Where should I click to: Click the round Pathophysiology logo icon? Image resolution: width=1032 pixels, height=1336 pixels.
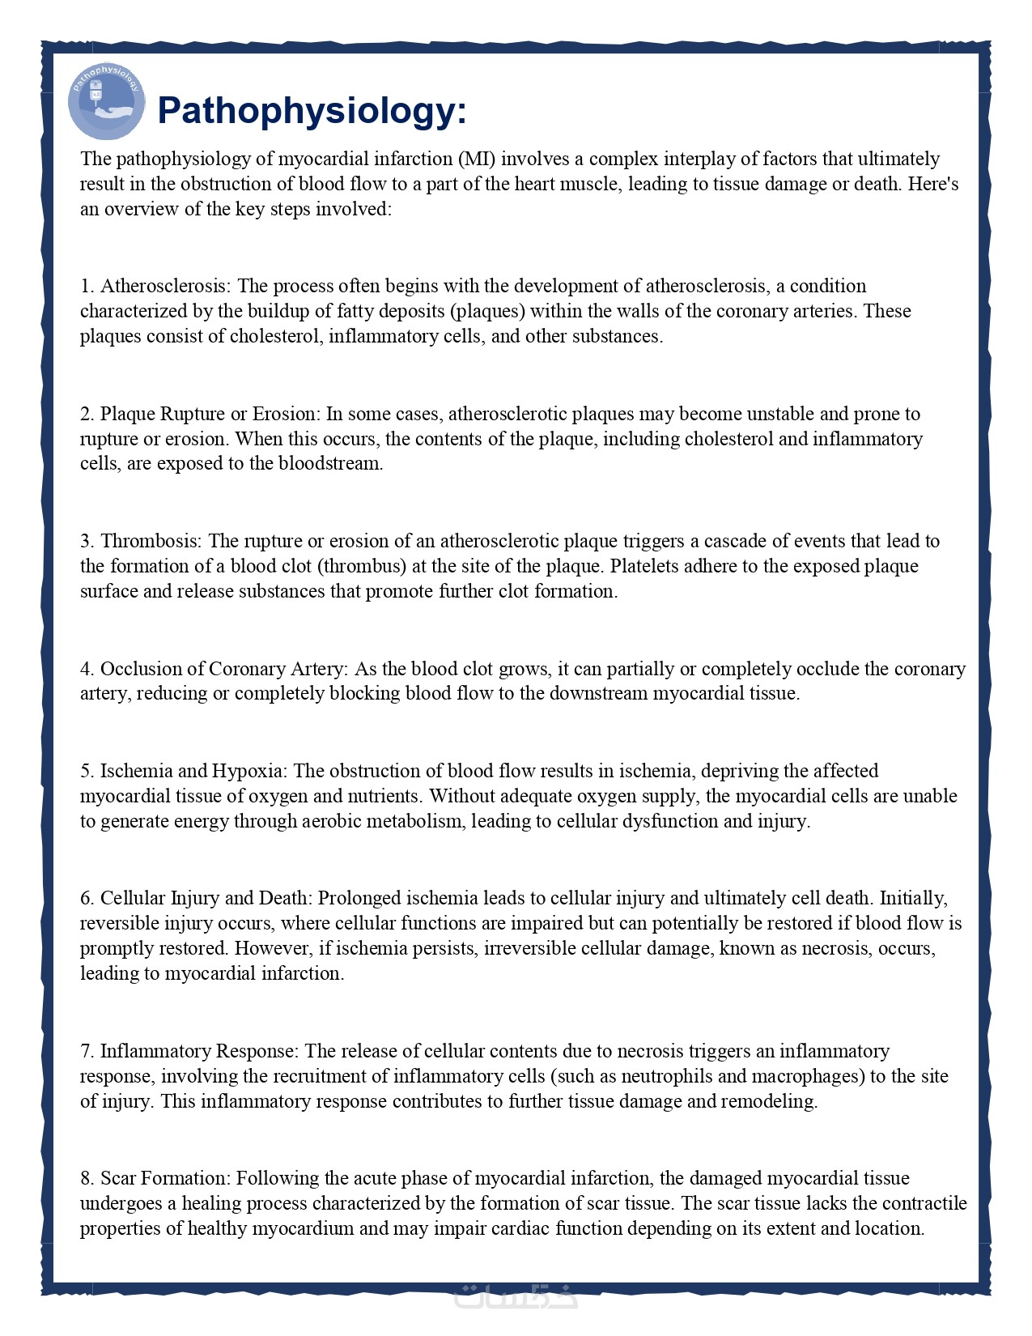tap(106, 103)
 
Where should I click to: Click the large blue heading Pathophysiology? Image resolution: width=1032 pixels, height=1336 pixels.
tap(312, 110)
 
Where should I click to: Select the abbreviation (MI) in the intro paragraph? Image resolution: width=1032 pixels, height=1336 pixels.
tap(477, 159)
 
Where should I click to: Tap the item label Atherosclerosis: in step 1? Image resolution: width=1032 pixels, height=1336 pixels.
tap(165, 286)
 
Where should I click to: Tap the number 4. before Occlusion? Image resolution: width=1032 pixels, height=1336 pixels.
tap(87, 669)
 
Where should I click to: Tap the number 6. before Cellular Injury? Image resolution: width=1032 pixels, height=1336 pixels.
tap(87, 898)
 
